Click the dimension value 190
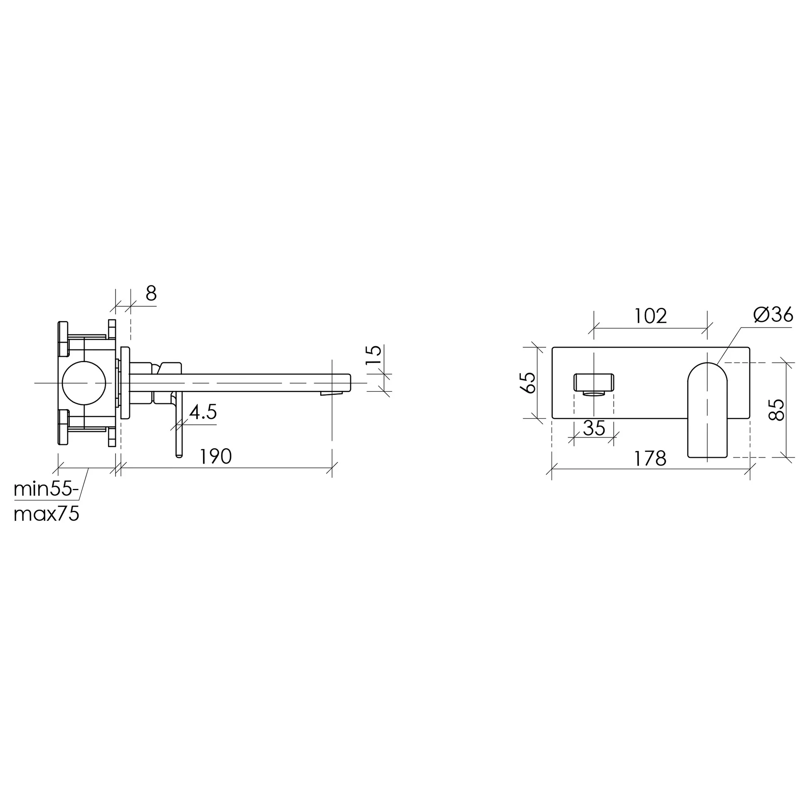point(216,457)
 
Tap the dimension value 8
point(151,294)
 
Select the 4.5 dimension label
point(203,412)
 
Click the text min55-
point(46,489)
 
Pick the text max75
point(46,514)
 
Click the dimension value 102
point(650,316)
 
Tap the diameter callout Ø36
point(773,314)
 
